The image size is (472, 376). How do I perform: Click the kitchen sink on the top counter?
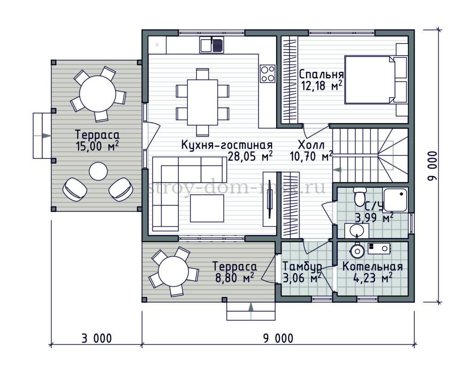(x=212, y=45)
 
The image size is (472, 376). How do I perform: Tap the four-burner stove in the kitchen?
(x=268, y=74)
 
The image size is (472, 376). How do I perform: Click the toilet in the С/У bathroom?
(x=360, y=196)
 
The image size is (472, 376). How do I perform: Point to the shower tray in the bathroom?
(x=395, y=200)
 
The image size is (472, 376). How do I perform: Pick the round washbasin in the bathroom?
(x=357, y=231)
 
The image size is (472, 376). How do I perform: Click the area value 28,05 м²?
(x=250, y=156)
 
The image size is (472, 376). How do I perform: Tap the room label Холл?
(x=311, y=145)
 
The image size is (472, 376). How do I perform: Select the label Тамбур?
(x=302, y=266)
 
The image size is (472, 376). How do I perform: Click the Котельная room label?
(x=372, y=266)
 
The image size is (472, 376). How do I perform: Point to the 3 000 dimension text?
(x=97, y=338)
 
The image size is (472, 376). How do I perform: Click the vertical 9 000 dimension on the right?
(x=432, y=166)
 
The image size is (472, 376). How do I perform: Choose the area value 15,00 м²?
(x=97, y=147)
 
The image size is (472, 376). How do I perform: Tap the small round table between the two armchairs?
(x=99, y=171)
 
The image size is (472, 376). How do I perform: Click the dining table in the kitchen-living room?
(x=202, y=102)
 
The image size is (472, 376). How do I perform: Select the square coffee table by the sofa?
(x=207, y=208)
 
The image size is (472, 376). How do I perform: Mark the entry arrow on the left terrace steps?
(x=46, y=135)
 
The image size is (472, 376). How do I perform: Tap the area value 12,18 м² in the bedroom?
(x=321, y=86)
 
